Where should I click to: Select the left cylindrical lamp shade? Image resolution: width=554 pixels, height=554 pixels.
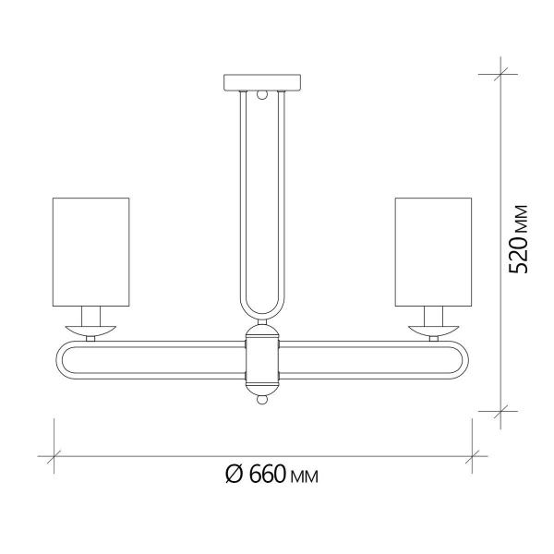[x=90, y=250]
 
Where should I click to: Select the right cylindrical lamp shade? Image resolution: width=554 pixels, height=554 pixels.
[x=433, y=250]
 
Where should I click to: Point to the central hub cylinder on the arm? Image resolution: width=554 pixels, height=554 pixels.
[x=261, y=361]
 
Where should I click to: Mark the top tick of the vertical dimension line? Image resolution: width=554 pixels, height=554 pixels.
[x=502, y=74]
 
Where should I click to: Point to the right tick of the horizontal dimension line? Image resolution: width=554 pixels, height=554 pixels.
[x=474, y=455]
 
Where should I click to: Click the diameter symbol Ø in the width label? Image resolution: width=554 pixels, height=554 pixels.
[x=234, y=476]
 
